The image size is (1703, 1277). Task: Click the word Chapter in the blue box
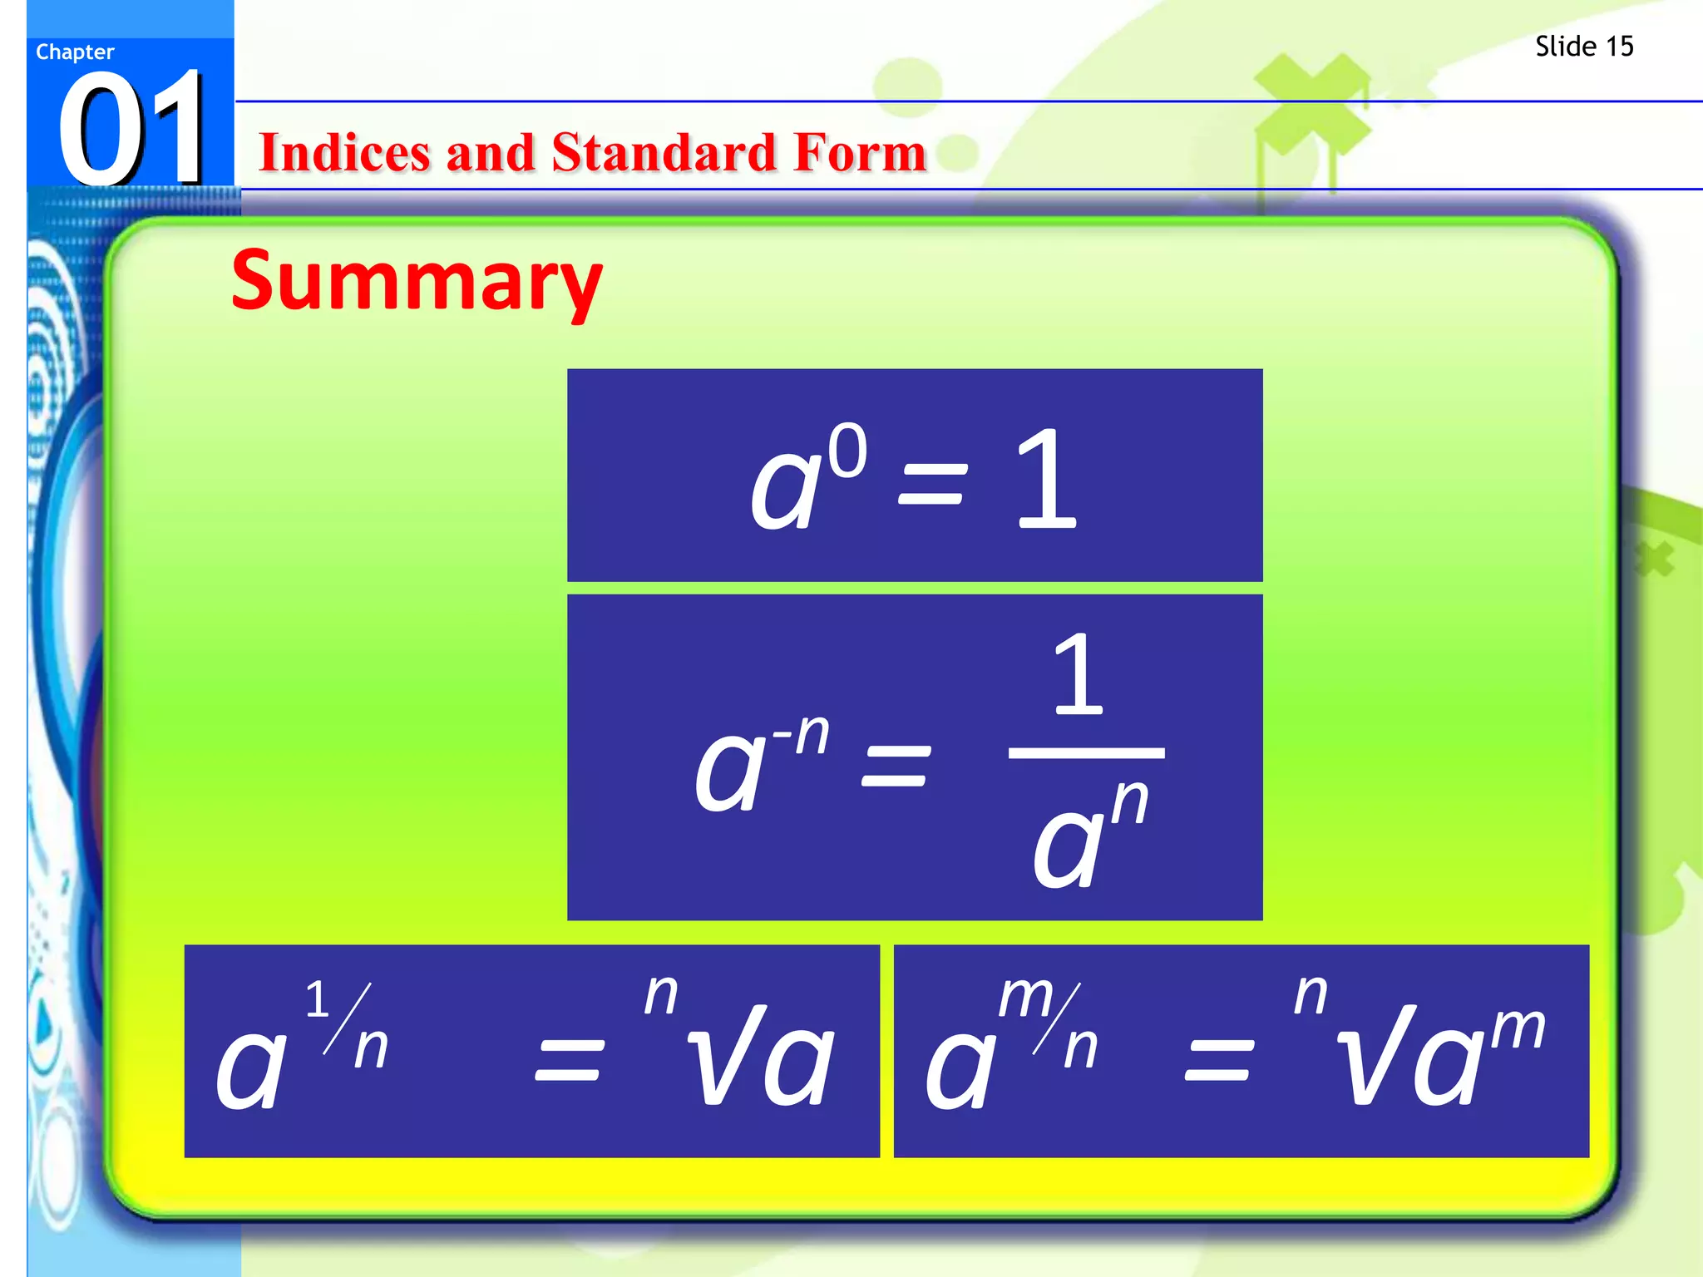pyautogui.click(x=75, y=52)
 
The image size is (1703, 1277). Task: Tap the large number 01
pyautogui.click(x=131, y=129)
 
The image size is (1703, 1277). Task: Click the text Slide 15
pyautogui.click(x=1584, y=47)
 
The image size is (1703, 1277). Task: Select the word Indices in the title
pyautogui.click(x=343, y=153)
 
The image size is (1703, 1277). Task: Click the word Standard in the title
pyautogui.click(x=665, y=153)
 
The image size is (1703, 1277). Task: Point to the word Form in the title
pyautogui.click(x=860, y=153)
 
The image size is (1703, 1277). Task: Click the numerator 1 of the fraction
pyautogui.click(x=1079, y=674)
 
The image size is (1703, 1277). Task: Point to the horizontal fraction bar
pyautogui.click(x=1086, y=753)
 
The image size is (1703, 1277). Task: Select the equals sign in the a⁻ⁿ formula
pyautogui.click(x=896, y=766)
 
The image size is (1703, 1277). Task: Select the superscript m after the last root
pyautogui.click(x=1517, y=1028)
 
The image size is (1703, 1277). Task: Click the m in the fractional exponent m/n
pyautogui.click(x=1025, y=995)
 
